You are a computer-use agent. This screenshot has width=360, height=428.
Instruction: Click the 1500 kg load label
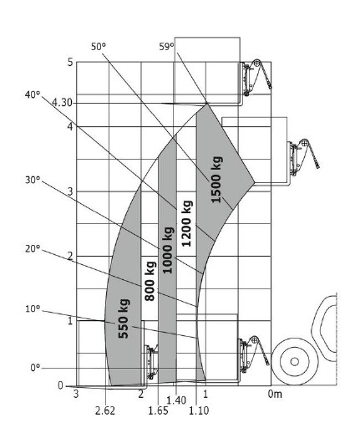tap(217, 180)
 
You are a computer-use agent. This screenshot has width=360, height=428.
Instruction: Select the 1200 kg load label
tap(187, 223)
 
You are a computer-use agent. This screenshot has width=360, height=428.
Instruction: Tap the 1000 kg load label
tap(168, 250)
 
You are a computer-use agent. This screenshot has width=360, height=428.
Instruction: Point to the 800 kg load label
tap(150, 281)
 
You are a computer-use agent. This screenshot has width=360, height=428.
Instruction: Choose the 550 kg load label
tap(124, 318)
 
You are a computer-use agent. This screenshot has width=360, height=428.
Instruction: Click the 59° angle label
tap(166, 47)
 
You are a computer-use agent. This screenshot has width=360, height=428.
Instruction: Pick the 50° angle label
tap(99, 47)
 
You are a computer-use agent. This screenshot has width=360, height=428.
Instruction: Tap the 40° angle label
tap(33, 94)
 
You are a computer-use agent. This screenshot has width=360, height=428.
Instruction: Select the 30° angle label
tap(33, 180)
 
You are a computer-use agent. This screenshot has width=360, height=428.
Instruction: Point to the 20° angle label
tap(33, 248)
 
